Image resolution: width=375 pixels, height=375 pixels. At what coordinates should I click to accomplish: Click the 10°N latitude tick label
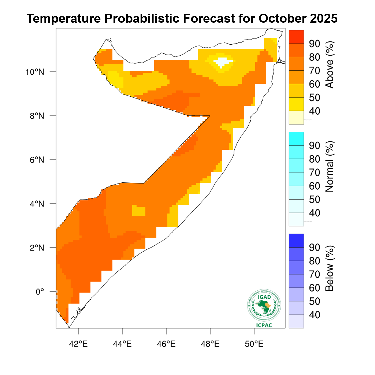coord(35,72)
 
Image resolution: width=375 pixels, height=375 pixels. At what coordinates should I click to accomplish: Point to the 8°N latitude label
coord(37,116)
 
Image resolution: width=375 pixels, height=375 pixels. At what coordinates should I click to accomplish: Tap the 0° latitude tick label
coord(40,292)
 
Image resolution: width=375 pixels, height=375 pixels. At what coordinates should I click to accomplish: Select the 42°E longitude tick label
coord(78,344)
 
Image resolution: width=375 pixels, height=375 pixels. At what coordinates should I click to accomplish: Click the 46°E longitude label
coord(166,344)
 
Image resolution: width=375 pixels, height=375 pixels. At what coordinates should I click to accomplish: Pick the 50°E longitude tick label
coord(254,344)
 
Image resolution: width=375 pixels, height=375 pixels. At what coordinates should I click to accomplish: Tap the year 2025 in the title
coord(323,18)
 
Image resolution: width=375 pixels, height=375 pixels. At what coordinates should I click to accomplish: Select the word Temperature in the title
coord(64,18)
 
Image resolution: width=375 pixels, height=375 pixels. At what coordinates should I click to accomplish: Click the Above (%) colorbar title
coord(329,65)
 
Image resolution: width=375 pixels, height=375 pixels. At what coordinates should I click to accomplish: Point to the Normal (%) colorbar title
coord(329,167)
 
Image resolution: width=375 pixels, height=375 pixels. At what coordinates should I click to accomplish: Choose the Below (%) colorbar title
coord(329,268)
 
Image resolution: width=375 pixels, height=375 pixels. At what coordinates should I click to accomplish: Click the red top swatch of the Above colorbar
coord(296,36)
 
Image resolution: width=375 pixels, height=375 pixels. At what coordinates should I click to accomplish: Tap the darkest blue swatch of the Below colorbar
coord(296,240)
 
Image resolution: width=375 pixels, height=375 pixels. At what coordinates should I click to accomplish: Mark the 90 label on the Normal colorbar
coord(315,146)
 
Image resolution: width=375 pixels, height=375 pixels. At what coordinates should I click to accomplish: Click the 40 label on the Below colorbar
coord(315,315)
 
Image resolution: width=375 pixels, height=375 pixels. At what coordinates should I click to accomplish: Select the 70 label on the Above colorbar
coord(315,71)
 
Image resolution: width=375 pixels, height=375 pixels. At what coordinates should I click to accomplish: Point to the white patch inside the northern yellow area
coord(223,62)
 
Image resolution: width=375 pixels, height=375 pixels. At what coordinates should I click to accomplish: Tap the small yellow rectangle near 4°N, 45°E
coord(139,211)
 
